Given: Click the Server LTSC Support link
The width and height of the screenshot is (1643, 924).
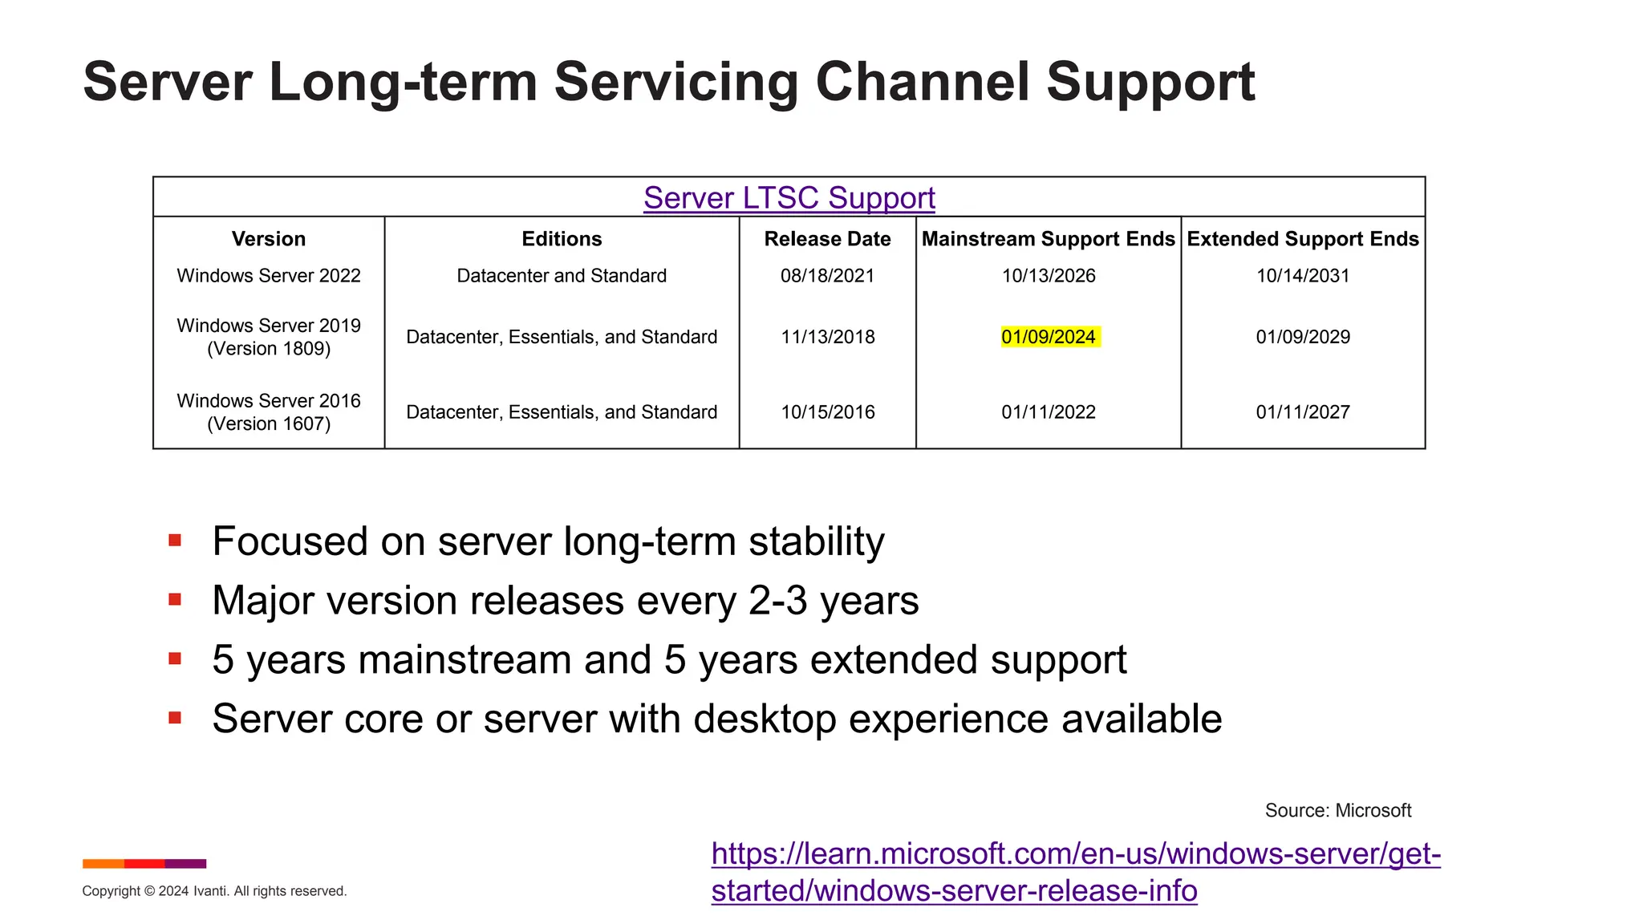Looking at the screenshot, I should [x=789, y=198].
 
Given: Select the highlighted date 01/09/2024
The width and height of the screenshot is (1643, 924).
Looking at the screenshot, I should [x=1049, y=337].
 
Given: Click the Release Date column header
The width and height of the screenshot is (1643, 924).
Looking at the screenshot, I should [x=827, y=239].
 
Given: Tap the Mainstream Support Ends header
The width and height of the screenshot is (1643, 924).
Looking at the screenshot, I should [x=1048, y=239].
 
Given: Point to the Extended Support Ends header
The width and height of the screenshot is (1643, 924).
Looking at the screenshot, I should [x=1302, y=239].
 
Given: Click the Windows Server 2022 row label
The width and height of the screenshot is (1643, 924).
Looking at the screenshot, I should [x=269, y=276].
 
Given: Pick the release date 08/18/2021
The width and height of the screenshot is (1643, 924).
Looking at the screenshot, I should [x=827, y=276].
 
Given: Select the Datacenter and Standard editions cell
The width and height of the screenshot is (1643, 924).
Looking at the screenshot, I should [x=562, y=276].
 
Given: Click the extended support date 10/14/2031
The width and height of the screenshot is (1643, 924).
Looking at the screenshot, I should [x=1302, y=276].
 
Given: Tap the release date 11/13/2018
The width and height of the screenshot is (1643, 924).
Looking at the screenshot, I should [x=827, y=337].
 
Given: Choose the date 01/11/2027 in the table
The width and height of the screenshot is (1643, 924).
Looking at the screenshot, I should [x=1302, y=412].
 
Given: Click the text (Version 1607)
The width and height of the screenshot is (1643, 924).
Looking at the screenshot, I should [x=269, y=424].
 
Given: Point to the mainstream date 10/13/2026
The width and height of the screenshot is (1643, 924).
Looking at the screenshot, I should [x=1048, y=276].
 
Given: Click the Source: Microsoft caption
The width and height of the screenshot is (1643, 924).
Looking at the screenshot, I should [x=1337, y=811].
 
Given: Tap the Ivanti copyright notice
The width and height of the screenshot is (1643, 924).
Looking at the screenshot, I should [x=214, y=891].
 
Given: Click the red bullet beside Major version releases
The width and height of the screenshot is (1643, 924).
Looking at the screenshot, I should [x=175, y=600].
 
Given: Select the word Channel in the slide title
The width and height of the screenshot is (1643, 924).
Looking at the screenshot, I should [x=922, y=82].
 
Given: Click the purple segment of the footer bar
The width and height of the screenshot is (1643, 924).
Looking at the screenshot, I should [x=185, y=864].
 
